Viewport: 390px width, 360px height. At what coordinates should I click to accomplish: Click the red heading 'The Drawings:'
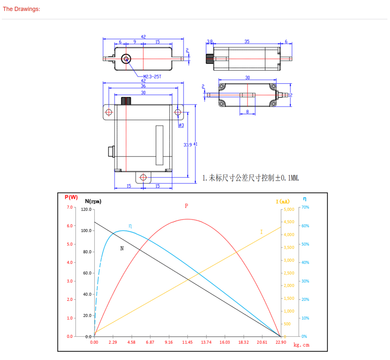click(x=21, y=9)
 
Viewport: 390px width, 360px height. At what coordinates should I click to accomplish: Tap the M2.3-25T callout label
click(x=152, y=77)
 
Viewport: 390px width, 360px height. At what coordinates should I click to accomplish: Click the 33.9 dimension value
click(x=188, y=145)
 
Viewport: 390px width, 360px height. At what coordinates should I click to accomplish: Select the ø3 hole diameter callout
click(x=181, y=125)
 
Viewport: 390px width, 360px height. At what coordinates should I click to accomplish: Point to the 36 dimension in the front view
click(x=143, y=86)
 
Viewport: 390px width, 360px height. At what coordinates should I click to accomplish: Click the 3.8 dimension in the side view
click(x=210, y=42)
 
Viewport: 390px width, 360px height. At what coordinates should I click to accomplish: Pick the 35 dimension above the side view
click(x=247, y=42)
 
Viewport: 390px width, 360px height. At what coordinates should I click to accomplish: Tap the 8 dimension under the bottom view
click(x=247, y=111)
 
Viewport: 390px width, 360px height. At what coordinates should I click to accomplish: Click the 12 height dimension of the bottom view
click(x=290, y=95)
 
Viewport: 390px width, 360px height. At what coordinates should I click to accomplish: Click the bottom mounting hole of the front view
click(x=143, y=177)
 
